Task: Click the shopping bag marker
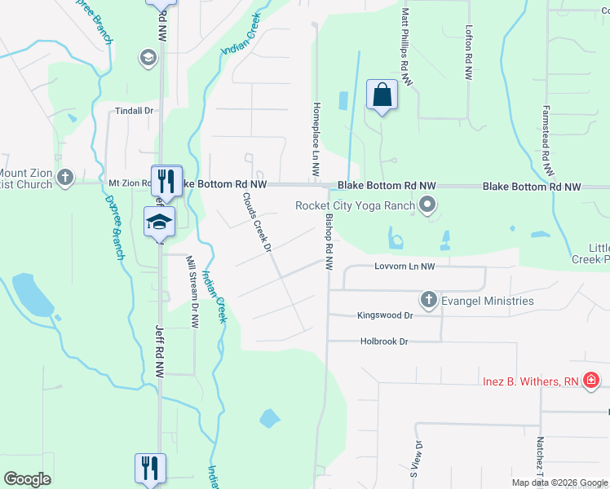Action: pos(382,95)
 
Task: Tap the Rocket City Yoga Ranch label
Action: pos(355,205)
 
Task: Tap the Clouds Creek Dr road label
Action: pos(256,222)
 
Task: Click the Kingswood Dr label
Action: pos(386,315)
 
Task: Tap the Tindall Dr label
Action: pos(135,111)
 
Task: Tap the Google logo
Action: pos(28,479)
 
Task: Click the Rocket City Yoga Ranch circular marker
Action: pos(427,205)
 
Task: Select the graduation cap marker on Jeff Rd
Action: pos(160,222)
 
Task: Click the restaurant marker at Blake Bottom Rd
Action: pos(166,180)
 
